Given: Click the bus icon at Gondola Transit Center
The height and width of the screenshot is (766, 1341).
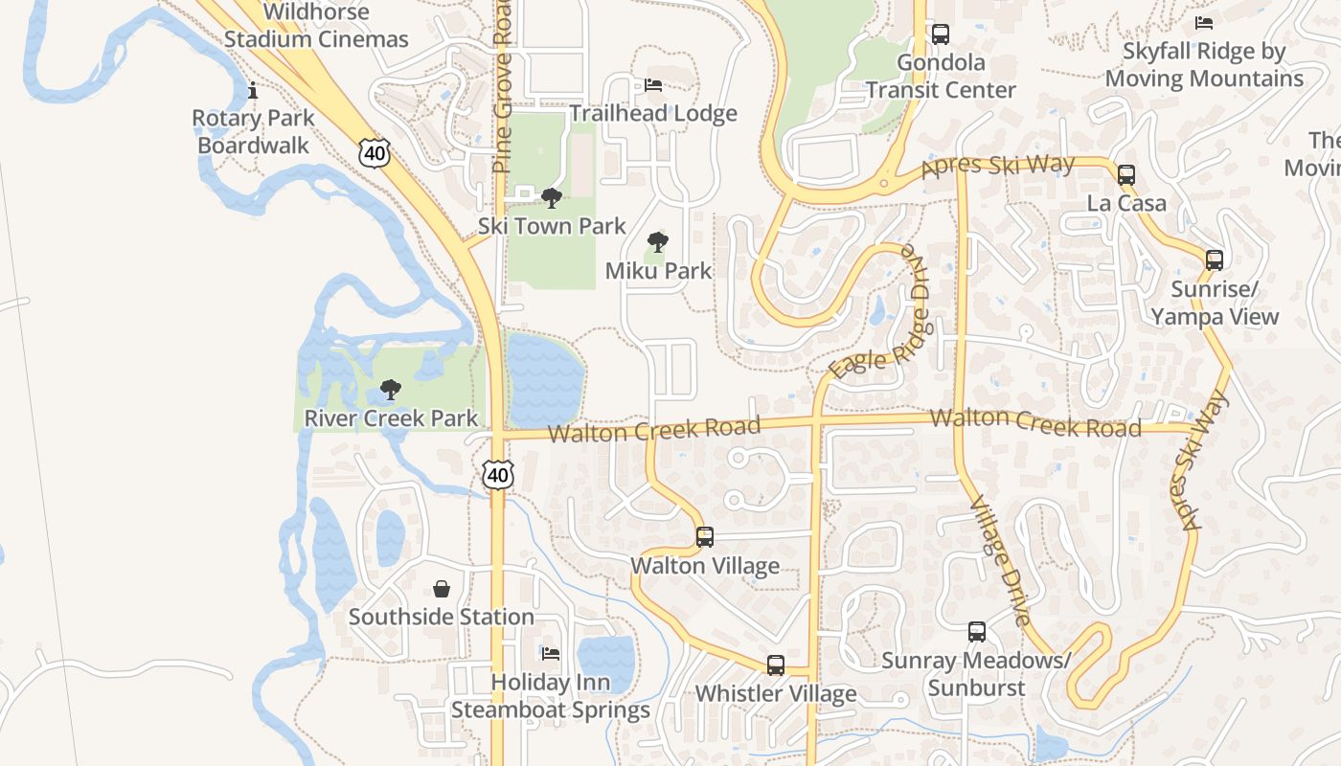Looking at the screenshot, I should pyautogui.click(x=941, y=35).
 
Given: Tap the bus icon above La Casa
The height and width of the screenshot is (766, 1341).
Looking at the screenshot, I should pyautogui.click(x=1126, y=175).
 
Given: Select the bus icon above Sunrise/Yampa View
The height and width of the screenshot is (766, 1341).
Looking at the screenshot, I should pyautogui.click(x=1215, y=259).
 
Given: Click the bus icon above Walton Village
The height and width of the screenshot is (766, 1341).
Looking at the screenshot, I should pyautogui.click(x=705, y=537).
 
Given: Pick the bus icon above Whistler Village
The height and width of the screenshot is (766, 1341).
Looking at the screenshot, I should pyautogui.click(x=776, y=665).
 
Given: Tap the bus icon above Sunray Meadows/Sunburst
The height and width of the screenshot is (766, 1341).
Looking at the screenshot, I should pyautogui.click(x=977, y=632).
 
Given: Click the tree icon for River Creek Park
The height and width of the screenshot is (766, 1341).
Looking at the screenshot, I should pyautogui.click(x=390, y=390).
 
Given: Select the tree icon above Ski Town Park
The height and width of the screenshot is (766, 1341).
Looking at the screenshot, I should pyautogui.click(x=551, y=198).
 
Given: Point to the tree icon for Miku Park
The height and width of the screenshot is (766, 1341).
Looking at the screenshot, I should pyautogui.click(x=658, y=242).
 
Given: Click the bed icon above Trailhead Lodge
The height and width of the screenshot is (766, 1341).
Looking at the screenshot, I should pyautogui.click(x=653, y=85).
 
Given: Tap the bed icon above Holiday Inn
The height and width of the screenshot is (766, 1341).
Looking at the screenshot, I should pyautogui.click(x=551, y=654).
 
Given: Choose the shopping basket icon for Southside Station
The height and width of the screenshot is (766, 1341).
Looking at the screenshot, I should pyautogui.click(x=442, y=588).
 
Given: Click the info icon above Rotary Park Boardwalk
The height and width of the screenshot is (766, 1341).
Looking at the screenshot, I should pyautogui.click(x=253, y=91).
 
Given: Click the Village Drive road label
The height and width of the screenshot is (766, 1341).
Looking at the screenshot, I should pyautogui.click(x=1000, y=561).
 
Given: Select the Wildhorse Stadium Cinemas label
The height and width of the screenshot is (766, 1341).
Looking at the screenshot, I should pyautogui.click(x=316, y=26).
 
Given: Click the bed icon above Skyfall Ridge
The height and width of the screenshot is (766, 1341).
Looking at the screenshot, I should pyautogui.click(x=1204, y=23).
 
